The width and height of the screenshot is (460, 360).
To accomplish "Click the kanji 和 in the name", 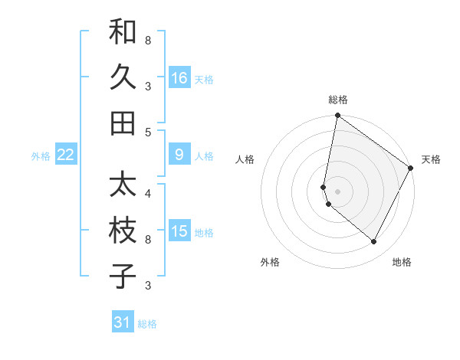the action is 123,33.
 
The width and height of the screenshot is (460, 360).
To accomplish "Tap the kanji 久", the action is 123,77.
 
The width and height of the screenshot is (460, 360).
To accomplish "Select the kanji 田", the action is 123,122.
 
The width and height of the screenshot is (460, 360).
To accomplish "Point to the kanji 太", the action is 123,186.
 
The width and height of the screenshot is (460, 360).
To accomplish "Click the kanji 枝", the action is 123,231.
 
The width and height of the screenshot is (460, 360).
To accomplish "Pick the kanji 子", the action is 123,276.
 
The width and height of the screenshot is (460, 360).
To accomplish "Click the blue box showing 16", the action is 179,78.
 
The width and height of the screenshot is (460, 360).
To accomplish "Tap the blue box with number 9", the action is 179,155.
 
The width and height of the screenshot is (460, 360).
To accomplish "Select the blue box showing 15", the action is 179,231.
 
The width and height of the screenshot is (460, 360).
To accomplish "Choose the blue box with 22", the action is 66,155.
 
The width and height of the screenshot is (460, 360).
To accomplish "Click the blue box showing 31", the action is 123,322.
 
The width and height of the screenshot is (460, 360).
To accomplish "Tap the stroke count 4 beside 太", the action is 147,193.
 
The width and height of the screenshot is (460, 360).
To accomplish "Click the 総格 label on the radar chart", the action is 338,100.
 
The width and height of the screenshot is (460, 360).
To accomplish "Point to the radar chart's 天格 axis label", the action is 431,159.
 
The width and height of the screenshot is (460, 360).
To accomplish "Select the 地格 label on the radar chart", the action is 402,262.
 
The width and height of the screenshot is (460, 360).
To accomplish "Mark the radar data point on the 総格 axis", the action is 337,116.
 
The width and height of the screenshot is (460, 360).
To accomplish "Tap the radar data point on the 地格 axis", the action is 374,242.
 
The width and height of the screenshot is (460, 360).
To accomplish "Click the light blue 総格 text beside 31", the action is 147,324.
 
